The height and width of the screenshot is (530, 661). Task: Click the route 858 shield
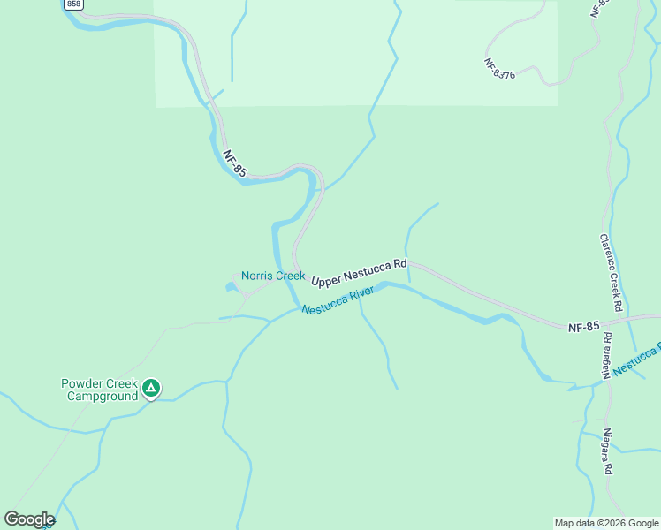coord(73,4)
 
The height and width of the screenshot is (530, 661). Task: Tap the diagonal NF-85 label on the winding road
coord(233,163)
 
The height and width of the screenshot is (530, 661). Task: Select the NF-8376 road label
coord(500,69)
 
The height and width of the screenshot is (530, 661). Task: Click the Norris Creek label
coord(273,276)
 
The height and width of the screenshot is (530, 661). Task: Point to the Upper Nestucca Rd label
coord(359,271)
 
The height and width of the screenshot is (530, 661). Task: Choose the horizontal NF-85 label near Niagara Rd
coord(583,327)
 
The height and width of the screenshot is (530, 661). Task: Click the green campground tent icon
coord(152,388)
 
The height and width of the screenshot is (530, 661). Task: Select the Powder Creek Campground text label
coord(99,390)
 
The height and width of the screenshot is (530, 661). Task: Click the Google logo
coord(28,519)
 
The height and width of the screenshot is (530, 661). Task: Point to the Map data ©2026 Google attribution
coord(606,523)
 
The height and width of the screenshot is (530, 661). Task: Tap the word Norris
coord(258,276)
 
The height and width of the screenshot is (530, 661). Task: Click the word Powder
coord(80,383)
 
